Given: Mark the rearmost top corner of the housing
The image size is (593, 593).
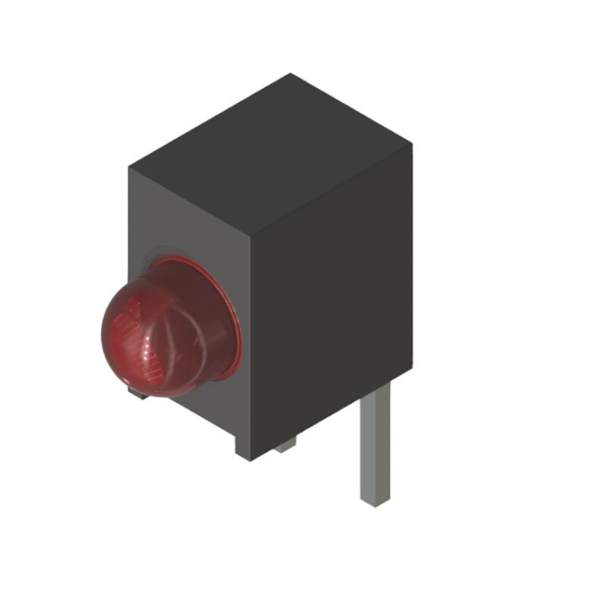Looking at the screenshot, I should click(x=291, y=74).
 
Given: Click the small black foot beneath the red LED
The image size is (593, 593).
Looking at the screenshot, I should click(x=139, y=395).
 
